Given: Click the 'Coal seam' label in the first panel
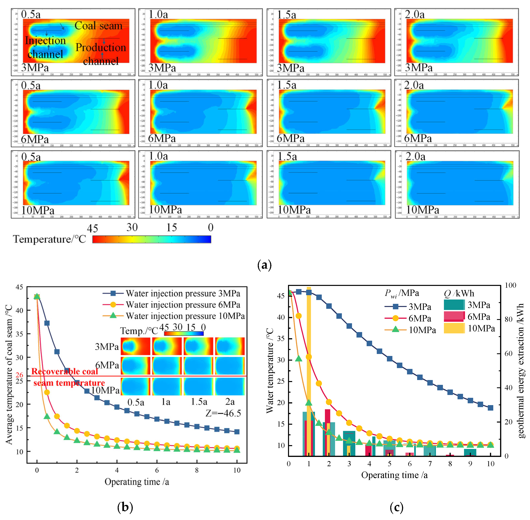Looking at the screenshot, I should pyautogui.click(x=98, y=26).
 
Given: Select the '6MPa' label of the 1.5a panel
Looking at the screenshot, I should pyautogui.click(x=290, y=138).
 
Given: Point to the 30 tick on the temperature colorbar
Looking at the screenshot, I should pyautogui.click(x=132, y=227).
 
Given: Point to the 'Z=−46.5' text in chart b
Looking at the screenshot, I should pyautogui.click(x=223, y=413).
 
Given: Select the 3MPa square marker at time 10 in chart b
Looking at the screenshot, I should pyautogui.click(x=237, y=432).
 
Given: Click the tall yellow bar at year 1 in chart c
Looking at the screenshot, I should pyautogui.click(x=309, y=355).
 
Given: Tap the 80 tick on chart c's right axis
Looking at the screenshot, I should pyautogui.click(x=508, y=320).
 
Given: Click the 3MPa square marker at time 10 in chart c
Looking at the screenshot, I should pyautogui.click(x=490, y=408).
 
